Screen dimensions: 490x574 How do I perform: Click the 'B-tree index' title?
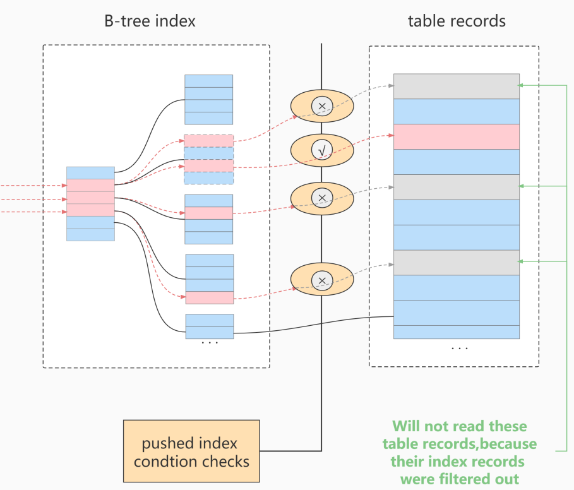[x=150, y=21]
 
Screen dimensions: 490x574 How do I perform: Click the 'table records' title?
[x=457, y=21]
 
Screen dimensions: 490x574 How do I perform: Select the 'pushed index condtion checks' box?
[x=191, y=451]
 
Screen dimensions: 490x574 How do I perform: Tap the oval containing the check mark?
[x=322, y=150]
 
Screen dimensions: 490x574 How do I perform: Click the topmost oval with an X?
[x=322, y=106]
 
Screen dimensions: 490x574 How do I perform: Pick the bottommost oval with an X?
[x=322, y=280]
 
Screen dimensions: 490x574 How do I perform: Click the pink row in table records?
[x=456, y=136]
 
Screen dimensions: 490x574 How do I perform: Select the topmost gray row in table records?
[x=456, y=86]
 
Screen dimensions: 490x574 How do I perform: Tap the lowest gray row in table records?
[x=456, y=263]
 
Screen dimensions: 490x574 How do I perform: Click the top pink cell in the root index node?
[x=90, y=185]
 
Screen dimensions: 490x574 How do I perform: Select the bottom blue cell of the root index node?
[x=90, y=234]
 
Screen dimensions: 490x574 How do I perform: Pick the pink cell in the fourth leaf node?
[x=210, y=297]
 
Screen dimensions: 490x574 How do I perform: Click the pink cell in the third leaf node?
[x=209, y=213]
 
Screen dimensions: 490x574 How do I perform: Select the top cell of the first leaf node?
[x=208, y=81]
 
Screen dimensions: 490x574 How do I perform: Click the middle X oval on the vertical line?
[x=322, y=198]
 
